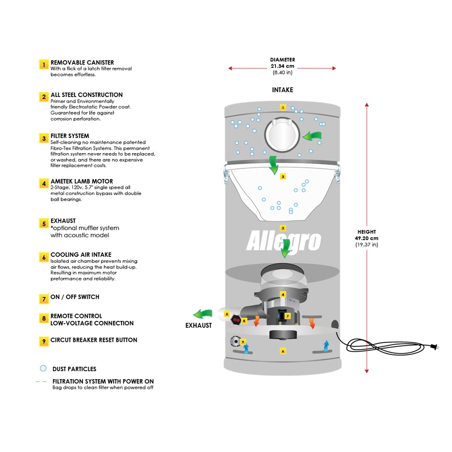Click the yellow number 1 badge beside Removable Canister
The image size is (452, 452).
[x=43, y=64]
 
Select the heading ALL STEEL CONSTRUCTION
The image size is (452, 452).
[x=86, y=95]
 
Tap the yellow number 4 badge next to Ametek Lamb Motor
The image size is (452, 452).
[x=43, y=183]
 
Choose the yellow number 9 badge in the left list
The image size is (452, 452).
[x=43, y=341]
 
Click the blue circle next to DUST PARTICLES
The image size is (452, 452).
[x=42, y=368]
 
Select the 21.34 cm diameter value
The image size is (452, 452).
[x=282, y=66]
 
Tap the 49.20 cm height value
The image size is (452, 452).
[x=367, y=238]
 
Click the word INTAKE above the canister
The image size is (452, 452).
[x=282, y=90]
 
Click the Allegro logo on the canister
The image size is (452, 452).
[x=284, y=240]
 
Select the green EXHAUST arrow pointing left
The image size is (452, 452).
[x=202, y=315]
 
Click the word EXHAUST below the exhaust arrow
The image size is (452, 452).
[x=199, y=325]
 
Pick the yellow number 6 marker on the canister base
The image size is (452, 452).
[x=283, y=351]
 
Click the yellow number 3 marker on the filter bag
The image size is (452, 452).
[x=283, y=176]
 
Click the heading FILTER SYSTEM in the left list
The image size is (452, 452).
[x=70, y=136]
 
